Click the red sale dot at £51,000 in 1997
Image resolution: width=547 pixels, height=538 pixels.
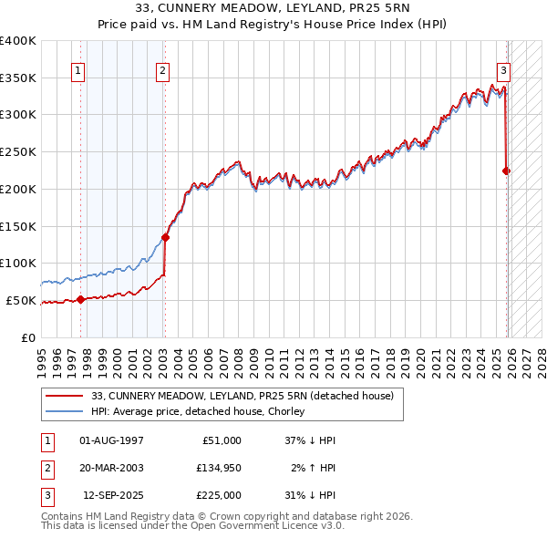(80, 299)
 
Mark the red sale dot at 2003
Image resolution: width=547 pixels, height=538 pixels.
(165, 237)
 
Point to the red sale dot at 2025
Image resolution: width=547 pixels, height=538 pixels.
(507, 171)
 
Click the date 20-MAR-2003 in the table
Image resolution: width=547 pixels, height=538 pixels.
(111, 468)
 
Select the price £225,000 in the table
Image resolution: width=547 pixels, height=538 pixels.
(220, 495)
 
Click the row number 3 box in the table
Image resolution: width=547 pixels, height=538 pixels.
(46, 495)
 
